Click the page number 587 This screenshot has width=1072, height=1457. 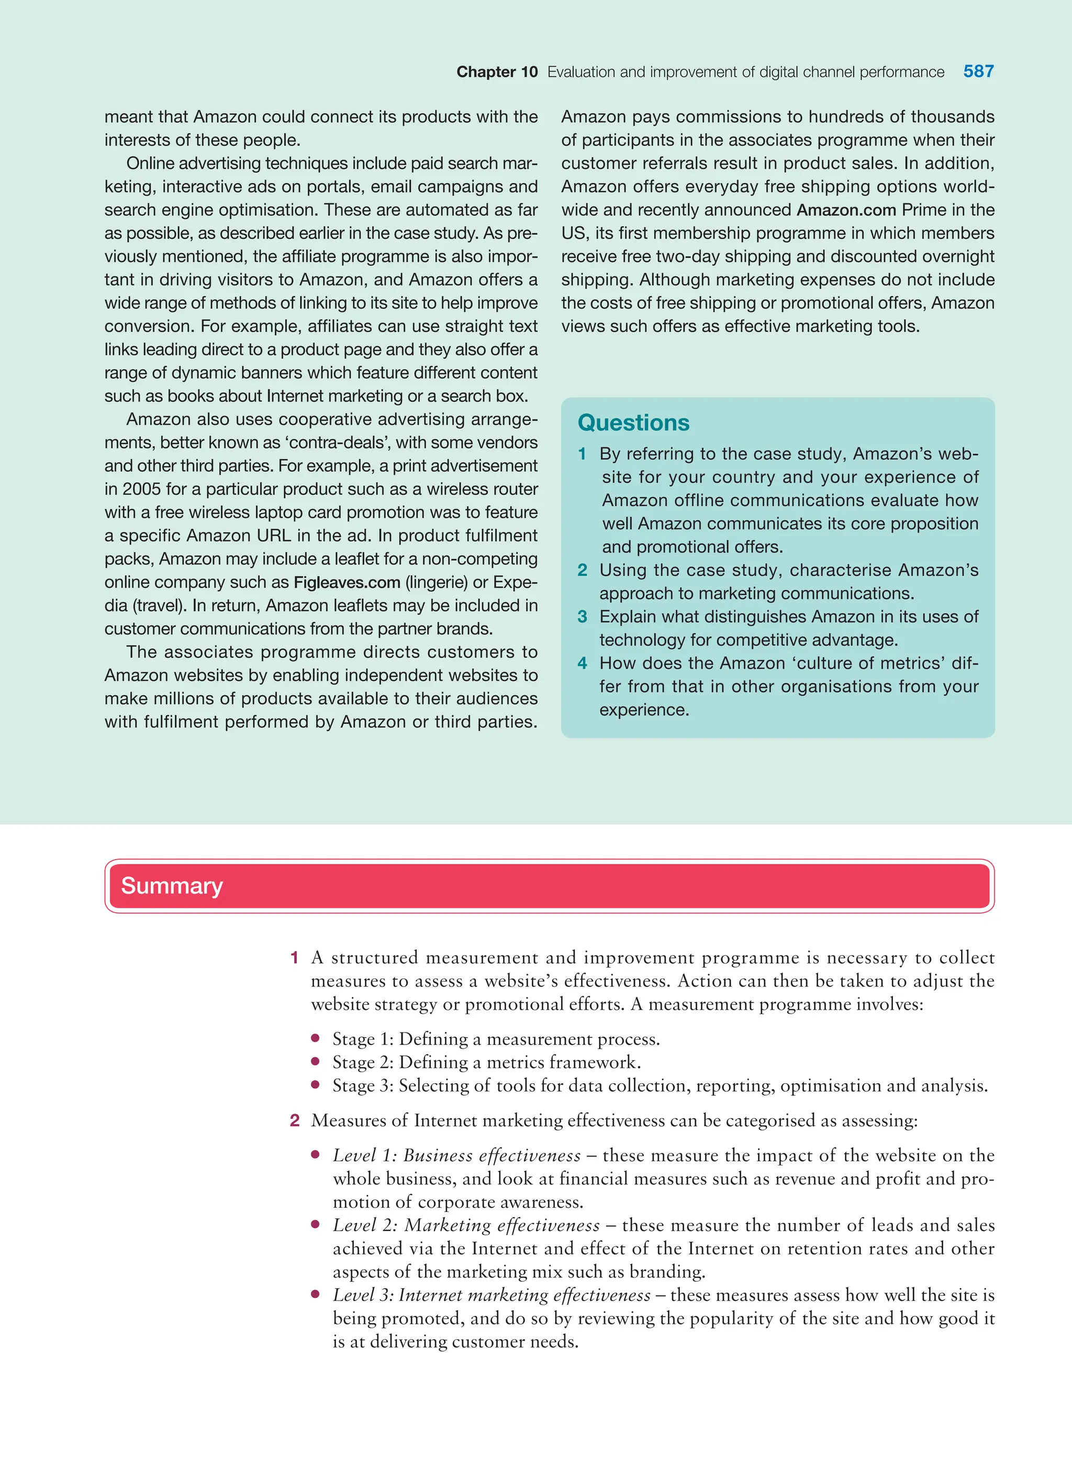[x=978, y=71]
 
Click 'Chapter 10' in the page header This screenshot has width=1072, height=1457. [x=497, y=72]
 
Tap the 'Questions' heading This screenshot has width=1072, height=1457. [x=633, y=422]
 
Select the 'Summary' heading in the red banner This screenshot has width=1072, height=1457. [x=172, y=886]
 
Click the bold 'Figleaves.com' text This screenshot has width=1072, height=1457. [x=347, y=582]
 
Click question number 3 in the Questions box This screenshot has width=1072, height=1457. [x=582, y=617]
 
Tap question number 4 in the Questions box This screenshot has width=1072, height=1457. [x=582, y=663]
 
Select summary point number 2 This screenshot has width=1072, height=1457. [x=295, y=1121]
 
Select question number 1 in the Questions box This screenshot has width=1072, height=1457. [x=582, y=454]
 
